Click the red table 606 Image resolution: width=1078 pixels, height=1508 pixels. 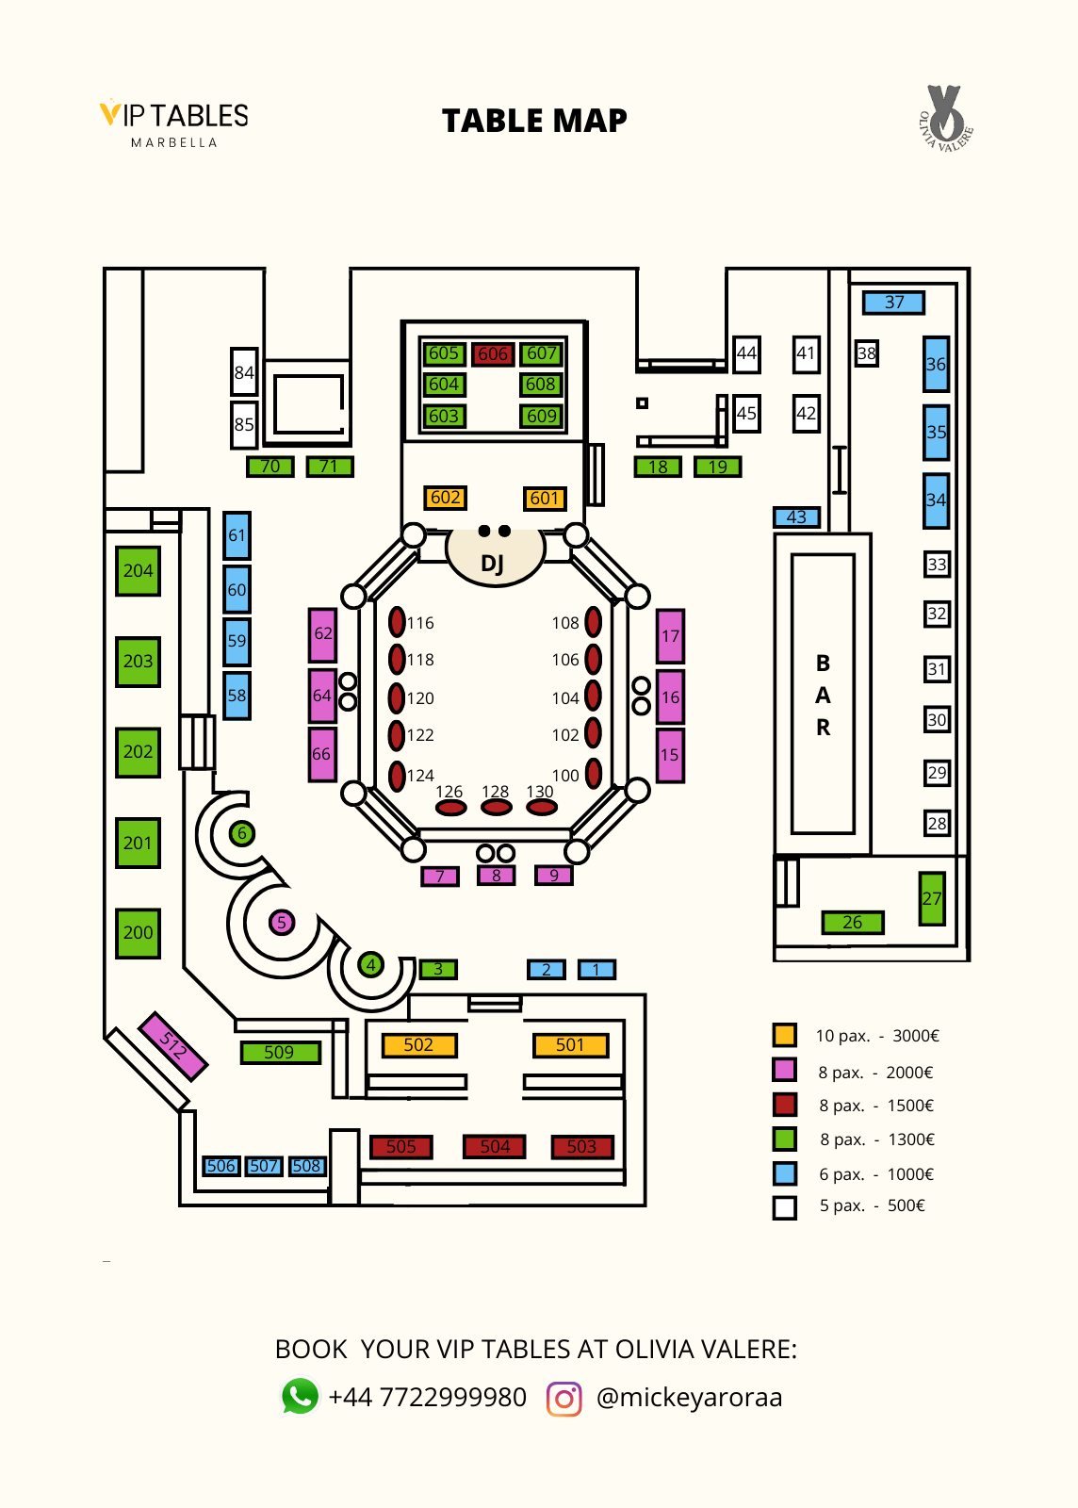492,354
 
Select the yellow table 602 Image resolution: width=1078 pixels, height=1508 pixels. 445,498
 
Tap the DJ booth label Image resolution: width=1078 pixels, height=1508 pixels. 493,562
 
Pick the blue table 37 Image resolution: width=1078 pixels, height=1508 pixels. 893,303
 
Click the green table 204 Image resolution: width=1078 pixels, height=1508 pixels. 138,571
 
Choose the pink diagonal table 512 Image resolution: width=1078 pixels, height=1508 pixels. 172,1045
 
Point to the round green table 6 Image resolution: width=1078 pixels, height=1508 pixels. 242,833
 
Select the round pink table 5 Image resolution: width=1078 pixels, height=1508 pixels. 281,923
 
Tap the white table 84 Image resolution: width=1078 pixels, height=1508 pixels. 244,372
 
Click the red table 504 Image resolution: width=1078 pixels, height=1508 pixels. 495,1147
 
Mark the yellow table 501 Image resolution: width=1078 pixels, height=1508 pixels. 570,1045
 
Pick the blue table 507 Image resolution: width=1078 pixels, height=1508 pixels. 264,1167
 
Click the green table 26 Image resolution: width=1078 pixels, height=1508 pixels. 852,923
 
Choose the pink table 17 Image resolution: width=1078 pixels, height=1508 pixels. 670,636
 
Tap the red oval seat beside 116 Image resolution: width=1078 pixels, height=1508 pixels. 398,622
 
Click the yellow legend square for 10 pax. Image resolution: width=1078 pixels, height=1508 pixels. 784,1035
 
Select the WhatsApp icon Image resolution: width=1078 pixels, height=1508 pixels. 301,1396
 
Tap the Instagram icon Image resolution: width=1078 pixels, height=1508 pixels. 564,1398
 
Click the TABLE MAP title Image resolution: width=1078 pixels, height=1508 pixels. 534,121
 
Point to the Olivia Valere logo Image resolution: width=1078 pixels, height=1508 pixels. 945,118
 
